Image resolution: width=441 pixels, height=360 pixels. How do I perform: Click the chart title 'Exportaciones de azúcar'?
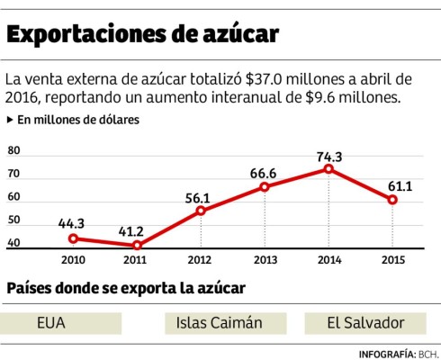[x=143, y=35]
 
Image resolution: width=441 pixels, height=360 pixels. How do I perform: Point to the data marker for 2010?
[x=73, y=238]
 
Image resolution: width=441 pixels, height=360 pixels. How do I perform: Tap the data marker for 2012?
[x=201, y=211]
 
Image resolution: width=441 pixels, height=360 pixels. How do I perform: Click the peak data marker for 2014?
[x=329, y=169]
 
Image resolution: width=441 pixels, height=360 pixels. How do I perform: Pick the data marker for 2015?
[x=392, y=199]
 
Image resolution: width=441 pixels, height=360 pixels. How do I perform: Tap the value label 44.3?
[x=73, y=223]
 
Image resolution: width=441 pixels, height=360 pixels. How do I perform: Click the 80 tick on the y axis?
[x=13, y=151]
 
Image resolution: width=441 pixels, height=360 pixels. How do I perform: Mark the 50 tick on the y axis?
[x=13, y=220]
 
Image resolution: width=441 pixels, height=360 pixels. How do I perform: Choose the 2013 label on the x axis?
[x=265, y=261]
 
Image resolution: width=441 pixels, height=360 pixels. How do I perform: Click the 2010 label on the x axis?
[x=73, y=261]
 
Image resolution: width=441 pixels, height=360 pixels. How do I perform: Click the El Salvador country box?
[x=366, y=322]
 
